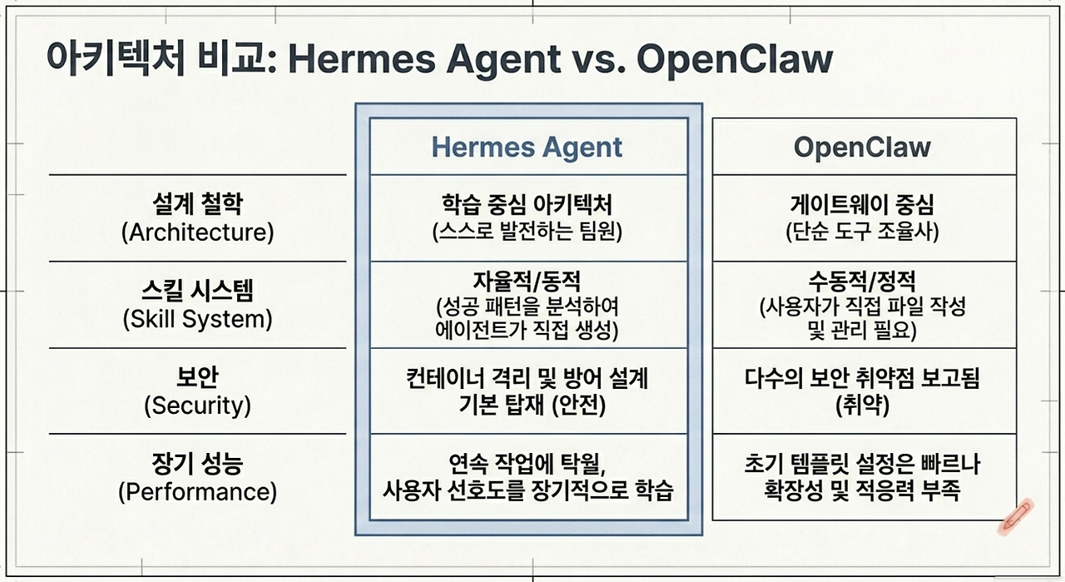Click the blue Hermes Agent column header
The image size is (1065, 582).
coord(527,147)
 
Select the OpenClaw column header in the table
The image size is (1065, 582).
coord(862,147)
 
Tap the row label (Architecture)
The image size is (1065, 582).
coord(198,232)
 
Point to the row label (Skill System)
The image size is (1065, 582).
coord(198,319)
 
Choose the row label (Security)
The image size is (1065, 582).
coord(198,405)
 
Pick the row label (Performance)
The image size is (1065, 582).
coord(198,492)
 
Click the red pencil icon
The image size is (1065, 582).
coord(1016,517)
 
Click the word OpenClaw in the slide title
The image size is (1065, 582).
coord(735,59)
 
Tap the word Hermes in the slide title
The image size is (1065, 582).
coord(362,59)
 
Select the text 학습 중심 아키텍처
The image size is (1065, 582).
coord(527,205)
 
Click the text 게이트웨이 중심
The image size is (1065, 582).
coord(862,205)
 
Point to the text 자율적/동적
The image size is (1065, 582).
coord(527,281)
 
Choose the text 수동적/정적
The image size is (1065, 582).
coord(862,281)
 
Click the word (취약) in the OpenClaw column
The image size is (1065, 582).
coord(862,405)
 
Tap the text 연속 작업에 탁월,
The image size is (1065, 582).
coord(527,464)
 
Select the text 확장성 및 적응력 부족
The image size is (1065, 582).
coord(862,490)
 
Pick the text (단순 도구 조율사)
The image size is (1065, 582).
coord(862,231)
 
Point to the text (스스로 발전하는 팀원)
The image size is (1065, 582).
coord(527,231)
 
